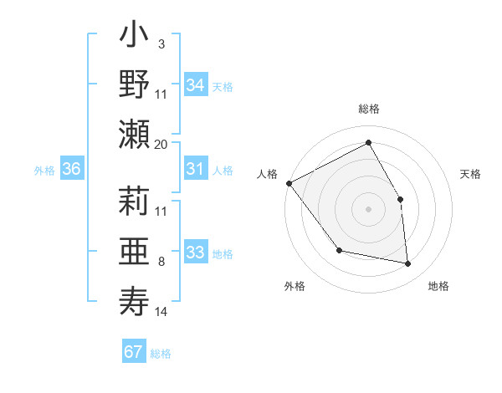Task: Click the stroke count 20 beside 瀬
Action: (161, 144)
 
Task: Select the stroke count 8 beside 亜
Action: (161, 262)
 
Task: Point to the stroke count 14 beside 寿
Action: (161, 312)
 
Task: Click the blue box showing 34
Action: (196, 85)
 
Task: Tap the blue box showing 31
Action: (196, 170)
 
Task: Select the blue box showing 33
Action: (196, 253)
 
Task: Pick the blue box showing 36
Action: (72, 170)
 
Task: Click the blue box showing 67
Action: (134, 352)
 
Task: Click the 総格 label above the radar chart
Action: (369, 110)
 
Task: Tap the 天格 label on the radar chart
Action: (471, 174)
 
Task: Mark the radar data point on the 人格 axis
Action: (289, 183)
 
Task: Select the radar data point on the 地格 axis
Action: (408, 263)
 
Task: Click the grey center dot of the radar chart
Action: (368, 209)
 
